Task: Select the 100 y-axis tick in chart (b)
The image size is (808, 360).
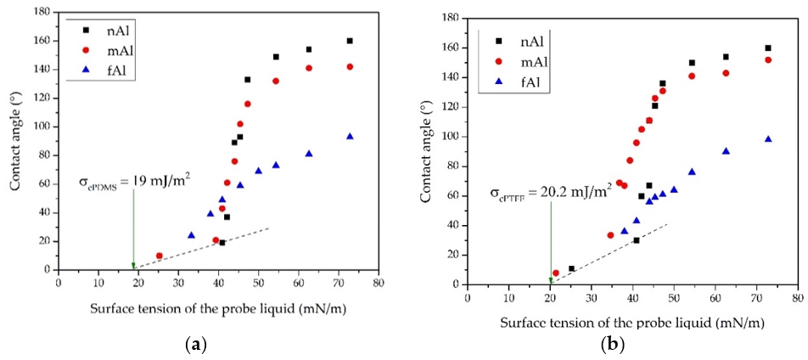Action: coord(454,137)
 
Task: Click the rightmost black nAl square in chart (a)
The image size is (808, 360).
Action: coord(350,41)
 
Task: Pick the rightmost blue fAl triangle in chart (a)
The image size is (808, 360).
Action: coord(350,137)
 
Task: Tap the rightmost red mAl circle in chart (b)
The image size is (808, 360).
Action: coord(768,60)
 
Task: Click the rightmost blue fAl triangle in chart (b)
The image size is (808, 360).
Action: coord(768,139)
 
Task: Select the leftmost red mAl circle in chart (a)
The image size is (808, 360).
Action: coord(159,256)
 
